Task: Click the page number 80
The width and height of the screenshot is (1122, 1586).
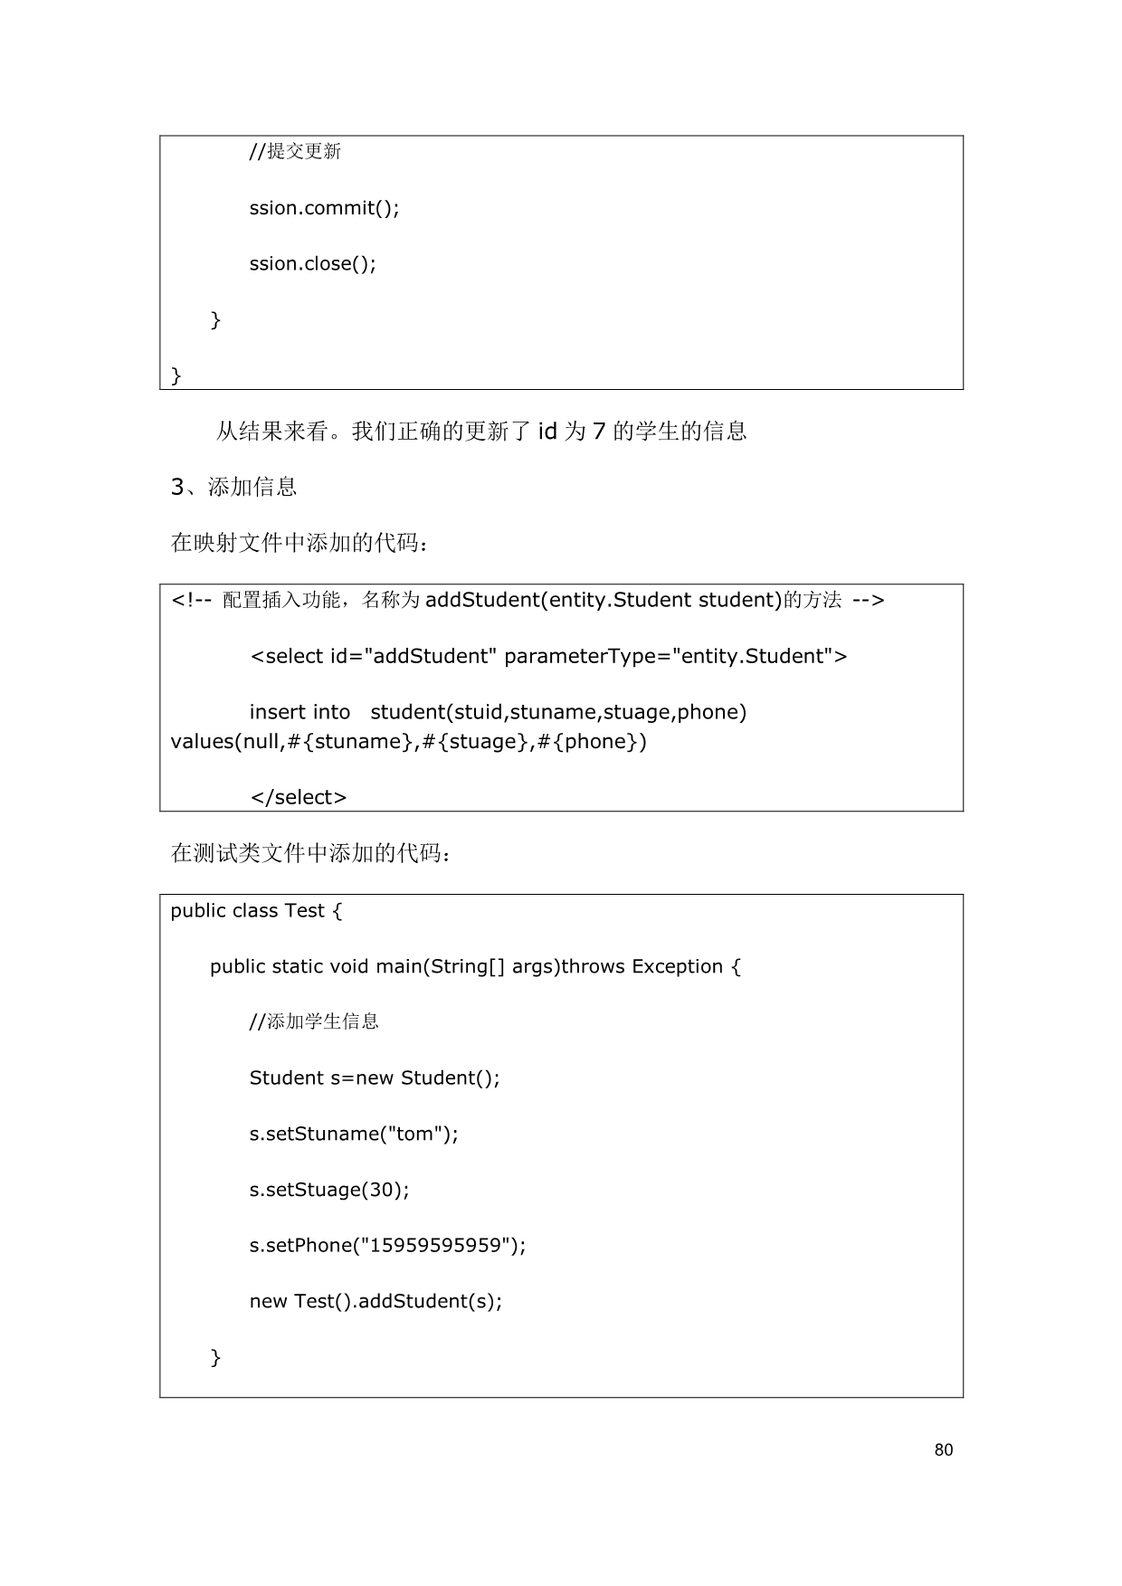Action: coord(943,1449)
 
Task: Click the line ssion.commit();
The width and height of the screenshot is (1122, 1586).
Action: coord(324,208)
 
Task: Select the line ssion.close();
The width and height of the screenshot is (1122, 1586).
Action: coord(312,264)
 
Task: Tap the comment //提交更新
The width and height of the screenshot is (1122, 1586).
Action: coord(295,152)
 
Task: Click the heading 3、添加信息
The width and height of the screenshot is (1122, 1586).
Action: coord(233,487)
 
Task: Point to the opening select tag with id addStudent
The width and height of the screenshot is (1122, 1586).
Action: coord(548,656)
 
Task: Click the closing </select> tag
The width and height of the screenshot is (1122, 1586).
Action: coord(298,797)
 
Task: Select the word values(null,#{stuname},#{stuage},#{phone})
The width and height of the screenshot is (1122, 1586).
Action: coord(409,742)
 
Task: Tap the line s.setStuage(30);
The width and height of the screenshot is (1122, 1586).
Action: coord(329,1190)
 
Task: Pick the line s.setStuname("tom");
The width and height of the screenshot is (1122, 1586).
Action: coord(354,1134)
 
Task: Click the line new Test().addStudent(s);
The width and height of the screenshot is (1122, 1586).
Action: coord(376,1301)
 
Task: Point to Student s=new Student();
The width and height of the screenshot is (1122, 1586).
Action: coord(375,1078)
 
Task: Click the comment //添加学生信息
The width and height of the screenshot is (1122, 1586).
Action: coord(314,1022)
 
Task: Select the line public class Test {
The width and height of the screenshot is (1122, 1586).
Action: coord(256,910)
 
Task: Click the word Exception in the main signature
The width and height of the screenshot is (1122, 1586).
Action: coord(677,966)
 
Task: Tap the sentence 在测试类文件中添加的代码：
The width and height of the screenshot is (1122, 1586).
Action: coord(310,853)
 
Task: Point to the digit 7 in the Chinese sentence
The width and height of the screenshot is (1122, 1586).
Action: coord(598,432)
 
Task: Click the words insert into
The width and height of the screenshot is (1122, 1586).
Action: coord(300,712)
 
